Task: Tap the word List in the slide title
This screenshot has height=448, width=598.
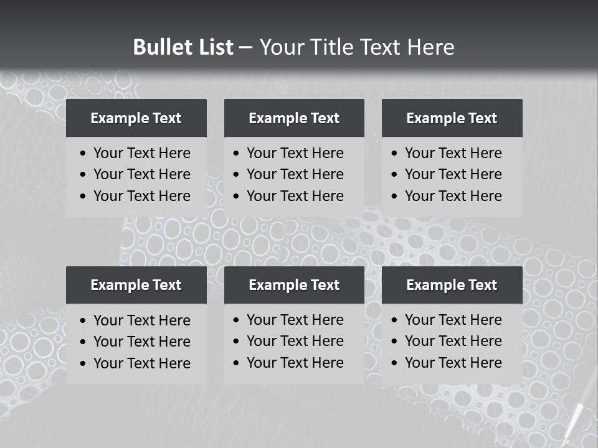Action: (x=213, y=47)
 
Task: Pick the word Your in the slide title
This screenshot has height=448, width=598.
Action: (x=280, y=47)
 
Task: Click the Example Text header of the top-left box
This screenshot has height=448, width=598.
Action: (x=136, y=118)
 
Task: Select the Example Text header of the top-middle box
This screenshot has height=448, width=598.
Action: (x=294, y=118)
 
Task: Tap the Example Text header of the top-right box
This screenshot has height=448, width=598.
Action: (x=452, y=118)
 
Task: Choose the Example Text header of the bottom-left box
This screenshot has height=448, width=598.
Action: (x=136, y=285)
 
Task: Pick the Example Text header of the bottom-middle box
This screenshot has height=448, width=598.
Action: (x=294, y=285)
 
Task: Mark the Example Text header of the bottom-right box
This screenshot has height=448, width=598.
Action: (x=452, y=285)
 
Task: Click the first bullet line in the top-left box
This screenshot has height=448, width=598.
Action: (x=141, y=153)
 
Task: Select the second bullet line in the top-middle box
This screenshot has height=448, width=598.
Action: (x=295, y=174)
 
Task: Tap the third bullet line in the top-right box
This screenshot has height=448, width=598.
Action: (x=453, y=196)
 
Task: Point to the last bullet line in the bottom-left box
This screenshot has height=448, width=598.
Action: (x=141, y=363)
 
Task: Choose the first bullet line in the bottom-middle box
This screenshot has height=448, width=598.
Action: (x=295, y=320)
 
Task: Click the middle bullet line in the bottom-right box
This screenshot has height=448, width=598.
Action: (x=453, y=341)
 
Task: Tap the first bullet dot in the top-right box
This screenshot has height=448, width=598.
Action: (x=395, y=154)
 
